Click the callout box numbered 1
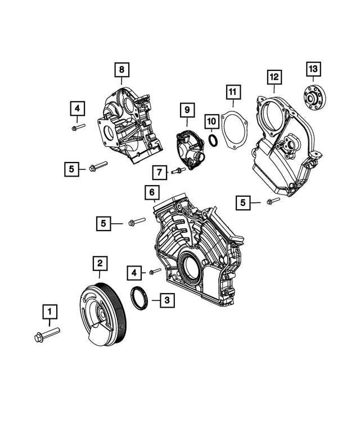pyautogui.click(x=49, y=310)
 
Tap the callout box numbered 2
pyautogui.click(x=99, y=263)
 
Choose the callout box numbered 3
pyautogui.click(x=165, y=301)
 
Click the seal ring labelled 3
pyautogui.click(x=138, y=298)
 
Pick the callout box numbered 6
pyautogui.click(x=151, y=193)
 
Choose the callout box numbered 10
pyautogui.click(x=210, y=120)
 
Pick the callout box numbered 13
pyautogui.click(x=313, y=69)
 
